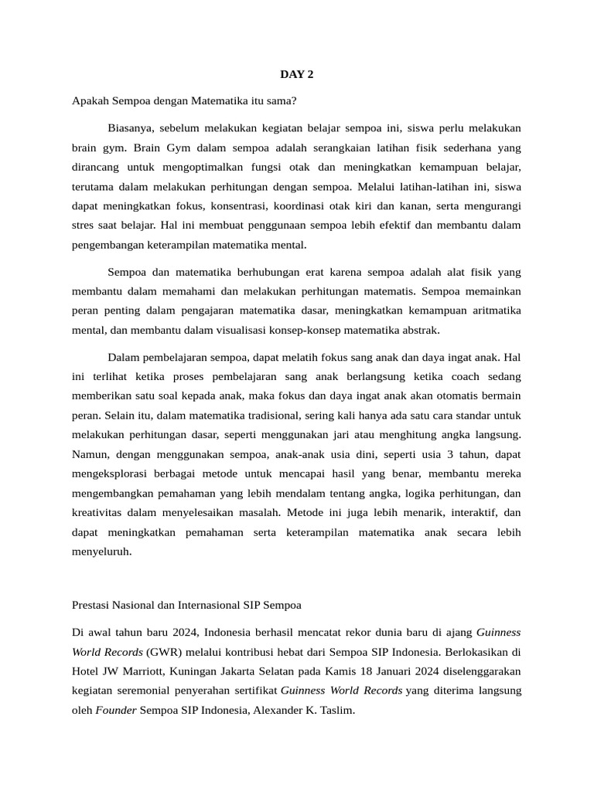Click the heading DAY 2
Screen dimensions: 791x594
[296, 75]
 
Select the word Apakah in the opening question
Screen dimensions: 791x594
[89, 101]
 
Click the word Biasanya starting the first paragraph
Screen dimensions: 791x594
[131, 127]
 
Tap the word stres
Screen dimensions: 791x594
[83, 225]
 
